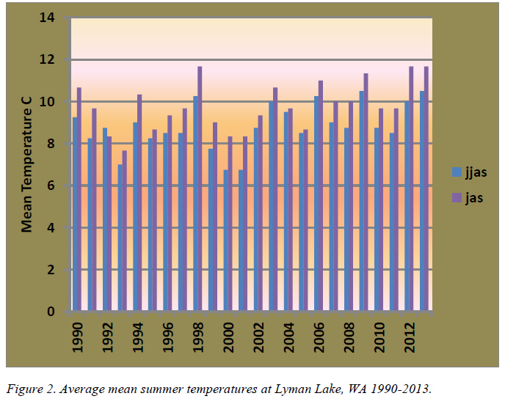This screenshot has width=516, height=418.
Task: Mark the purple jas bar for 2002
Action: point(260,213)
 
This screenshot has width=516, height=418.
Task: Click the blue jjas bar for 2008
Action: point(346,219)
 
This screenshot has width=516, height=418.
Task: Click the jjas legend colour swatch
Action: point(457,172)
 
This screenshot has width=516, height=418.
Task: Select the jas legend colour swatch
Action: point(457,197)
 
